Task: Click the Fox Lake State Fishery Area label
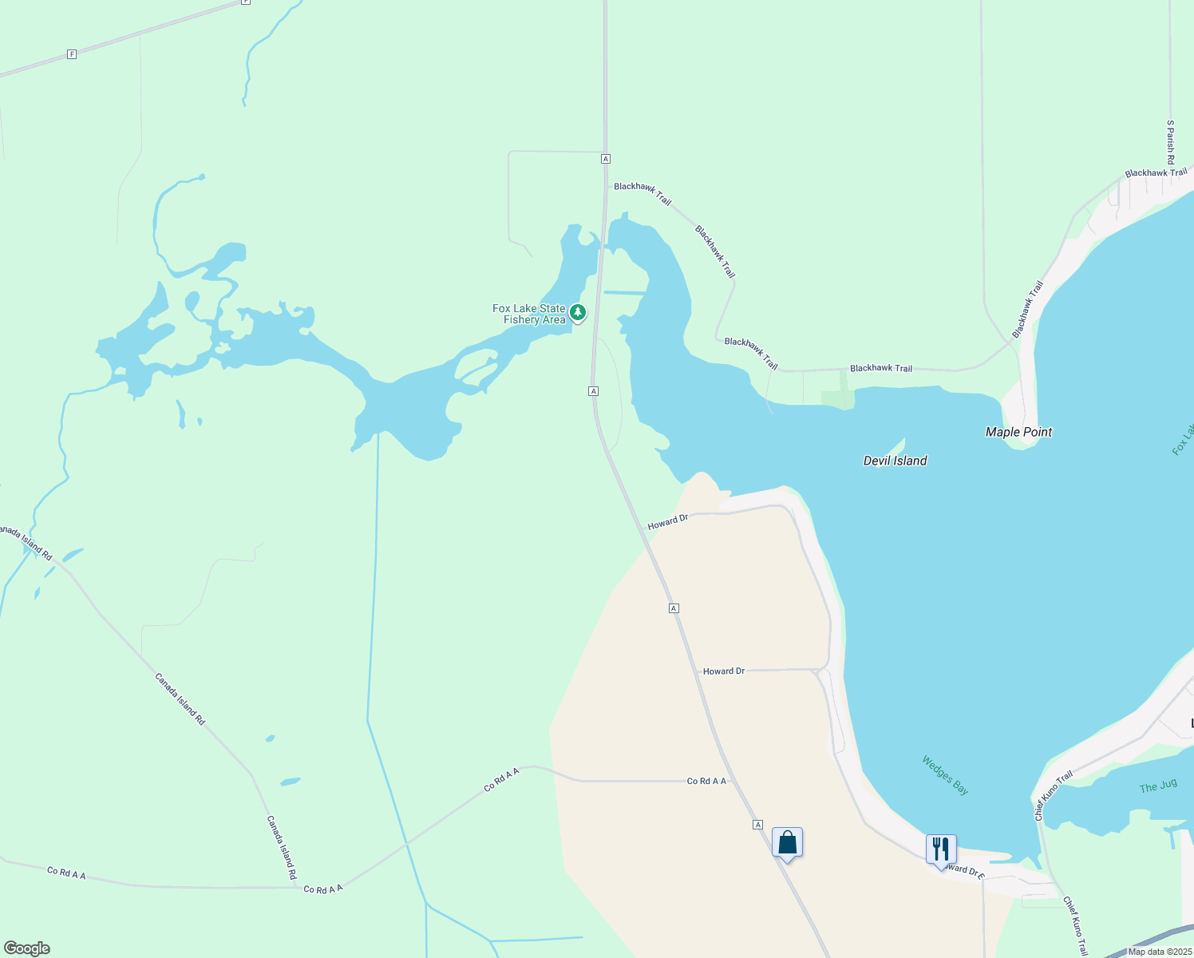[x=529, y=315]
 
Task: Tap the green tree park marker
[x=577, y=312]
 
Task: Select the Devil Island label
[x=895, y=461]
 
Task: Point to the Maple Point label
[x=1018, y=432]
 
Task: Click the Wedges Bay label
[x=945, y=775]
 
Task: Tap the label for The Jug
[x=1157, y=786]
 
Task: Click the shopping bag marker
[x=787, y=843]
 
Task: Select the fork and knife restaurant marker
[x=941, y=849]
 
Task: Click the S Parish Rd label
[x=1170, y=142]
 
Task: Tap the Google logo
[x=27, y=948]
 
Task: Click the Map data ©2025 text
[x=1159, y=952]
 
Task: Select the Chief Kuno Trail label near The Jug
[x=1054, y=796]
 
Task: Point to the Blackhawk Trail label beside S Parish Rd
[x=1156, y=172]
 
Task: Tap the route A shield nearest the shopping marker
[x=757, y=825]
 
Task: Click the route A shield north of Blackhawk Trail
[x=606, y=159]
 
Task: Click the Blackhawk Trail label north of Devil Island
[x=880, y=368]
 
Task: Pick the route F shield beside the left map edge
[x=72, y=54]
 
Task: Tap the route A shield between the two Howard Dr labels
[x=674, y=608]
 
